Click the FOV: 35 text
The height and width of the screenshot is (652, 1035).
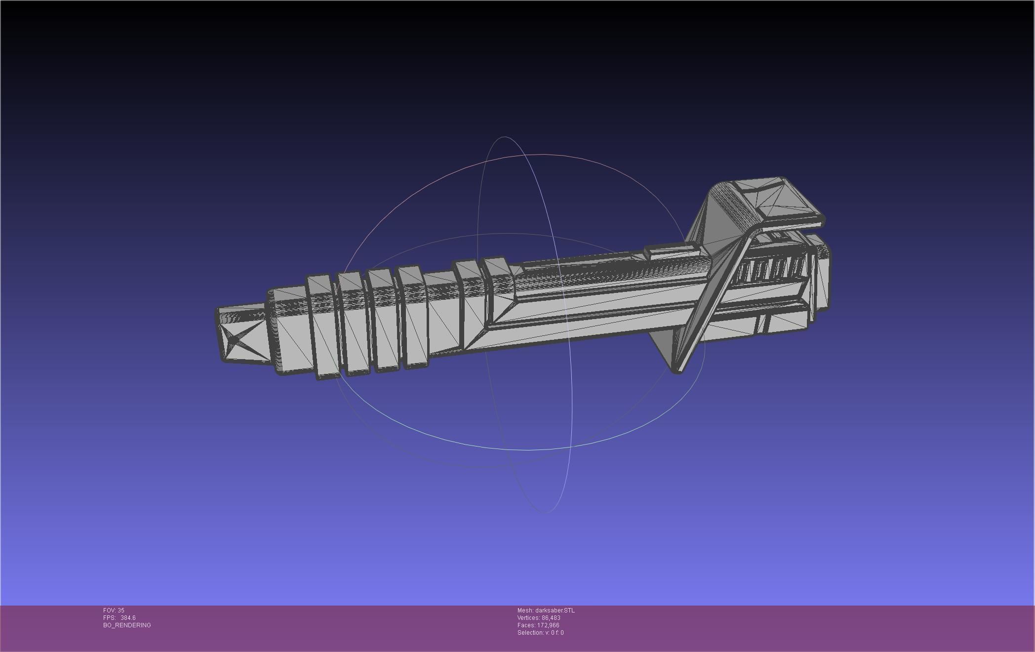click(x=114, y=611)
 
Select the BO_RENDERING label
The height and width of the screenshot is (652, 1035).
click(x=127, y=625)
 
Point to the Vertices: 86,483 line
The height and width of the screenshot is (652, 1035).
click(x=538, y=618)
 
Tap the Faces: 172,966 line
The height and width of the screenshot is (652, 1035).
click(x=538, y=625)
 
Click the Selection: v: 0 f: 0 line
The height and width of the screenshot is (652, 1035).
click(x=540, y=633)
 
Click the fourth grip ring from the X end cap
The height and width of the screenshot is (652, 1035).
click(x=414, y=319)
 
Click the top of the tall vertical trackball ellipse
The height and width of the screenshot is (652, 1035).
click(x=504, y=137)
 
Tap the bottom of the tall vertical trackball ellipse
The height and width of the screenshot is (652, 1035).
click(x=544, y=512)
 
